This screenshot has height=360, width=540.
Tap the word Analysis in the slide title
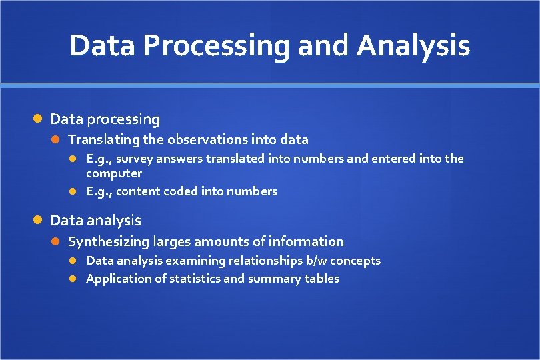(413, 47)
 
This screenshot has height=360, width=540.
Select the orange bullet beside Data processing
(39, 119)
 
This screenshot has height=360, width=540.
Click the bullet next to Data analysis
(39, 220)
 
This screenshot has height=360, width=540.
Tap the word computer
(114, 173)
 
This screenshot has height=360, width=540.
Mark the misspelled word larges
(174, 241)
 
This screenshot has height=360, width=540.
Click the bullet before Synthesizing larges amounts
(57, 241)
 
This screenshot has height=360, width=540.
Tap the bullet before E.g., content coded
(75, 191)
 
